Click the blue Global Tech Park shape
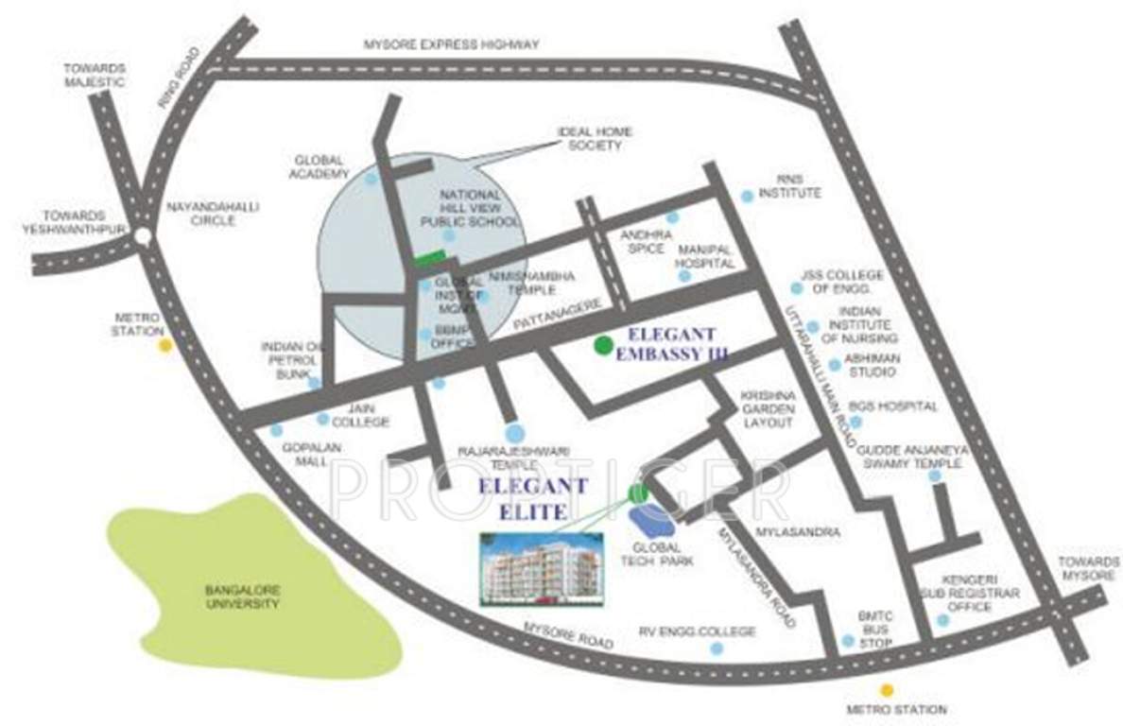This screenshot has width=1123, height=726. point(651,519)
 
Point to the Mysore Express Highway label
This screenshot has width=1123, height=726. point(452,44)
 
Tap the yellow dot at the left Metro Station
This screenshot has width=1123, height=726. point(165,346)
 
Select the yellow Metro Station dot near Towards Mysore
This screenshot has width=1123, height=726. point(886,690)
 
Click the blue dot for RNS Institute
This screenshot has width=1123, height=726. point(747,196)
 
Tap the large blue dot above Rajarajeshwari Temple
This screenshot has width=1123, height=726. point(513,434)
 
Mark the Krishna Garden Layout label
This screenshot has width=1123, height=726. point(767,407)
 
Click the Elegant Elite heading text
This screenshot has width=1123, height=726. point(533,499)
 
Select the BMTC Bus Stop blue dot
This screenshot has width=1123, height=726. point(848,640)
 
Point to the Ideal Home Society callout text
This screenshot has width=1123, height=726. point(596,138)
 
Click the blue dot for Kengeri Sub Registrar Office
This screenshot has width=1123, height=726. point(942,620)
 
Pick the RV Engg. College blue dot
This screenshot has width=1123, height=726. point(717,648)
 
